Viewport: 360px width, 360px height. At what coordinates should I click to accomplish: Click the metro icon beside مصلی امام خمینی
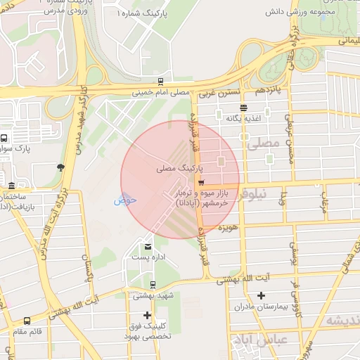(x=161, y=82)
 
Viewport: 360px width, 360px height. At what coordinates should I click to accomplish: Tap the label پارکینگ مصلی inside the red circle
(x=179, y=169)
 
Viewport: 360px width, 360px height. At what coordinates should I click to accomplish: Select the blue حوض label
(x=124, y=200)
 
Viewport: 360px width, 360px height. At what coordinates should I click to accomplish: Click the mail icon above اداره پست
(x=148, y=246)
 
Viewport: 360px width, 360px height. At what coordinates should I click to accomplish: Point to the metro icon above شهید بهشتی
(x=153, y=284)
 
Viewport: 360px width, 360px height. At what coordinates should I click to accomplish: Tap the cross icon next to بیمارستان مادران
(x=262, y=295)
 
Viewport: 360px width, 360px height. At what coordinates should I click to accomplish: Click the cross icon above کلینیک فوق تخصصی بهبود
(x=147, y=315)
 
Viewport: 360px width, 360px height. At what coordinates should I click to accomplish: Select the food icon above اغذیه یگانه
(x=243, y=108)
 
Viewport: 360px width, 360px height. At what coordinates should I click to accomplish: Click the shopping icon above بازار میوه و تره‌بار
(x=192, y=183)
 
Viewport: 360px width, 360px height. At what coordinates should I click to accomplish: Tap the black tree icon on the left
(x=60, y=167)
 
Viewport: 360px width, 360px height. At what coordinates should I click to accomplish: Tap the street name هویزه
(x=230, y=229)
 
